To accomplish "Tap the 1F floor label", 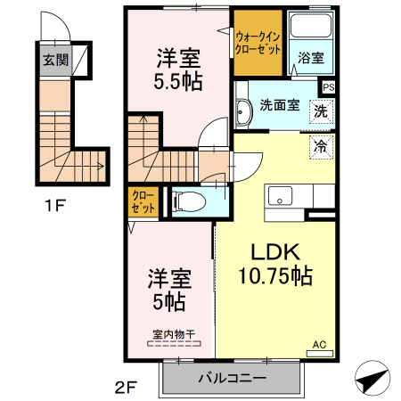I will [55, 206].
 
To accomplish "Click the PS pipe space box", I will [329, 87].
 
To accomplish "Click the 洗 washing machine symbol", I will [319, 112].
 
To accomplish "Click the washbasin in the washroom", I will [243, 110].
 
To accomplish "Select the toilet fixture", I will [185, 201].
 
